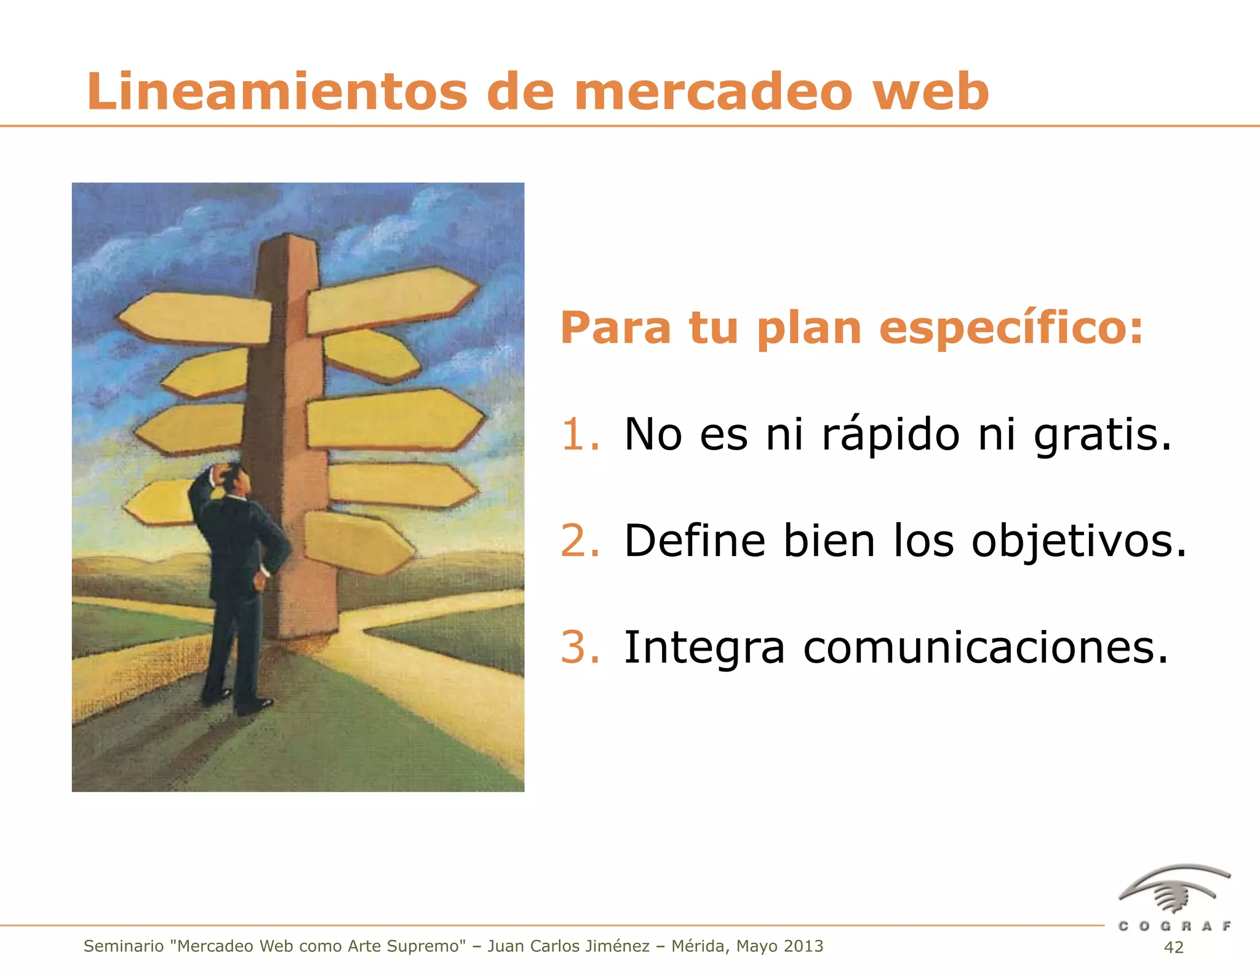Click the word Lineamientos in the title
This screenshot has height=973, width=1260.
pyautogui.click(x=277, y=92)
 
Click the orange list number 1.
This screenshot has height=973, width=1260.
pyautogui.click(x=578, y=434)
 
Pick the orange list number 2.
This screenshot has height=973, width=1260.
pyautogui.click(x=578, y=541)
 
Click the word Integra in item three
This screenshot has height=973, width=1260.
pyautogui.click(x=704, y=648)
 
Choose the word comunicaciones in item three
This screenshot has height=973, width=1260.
pyautogui.click(x=985, y=648)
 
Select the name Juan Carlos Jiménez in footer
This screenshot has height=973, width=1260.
pyautogui.click(x=568, y=946)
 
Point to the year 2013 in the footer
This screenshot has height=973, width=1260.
pyautogui.click(x=802, y=946)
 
